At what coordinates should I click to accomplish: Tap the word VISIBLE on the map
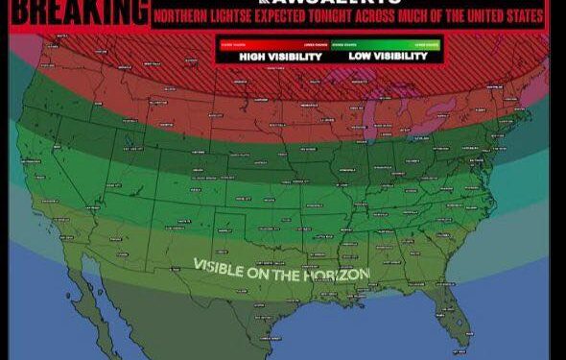point(225,266)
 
